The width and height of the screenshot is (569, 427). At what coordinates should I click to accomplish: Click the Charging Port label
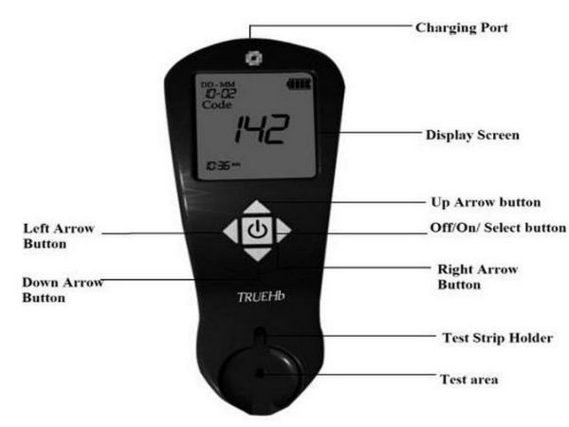(463, 28)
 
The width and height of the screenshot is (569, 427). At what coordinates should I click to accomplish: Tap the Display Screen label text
(471, 135)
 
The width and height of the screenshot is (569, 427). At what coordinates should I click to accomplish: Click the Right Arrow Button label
(478, 276)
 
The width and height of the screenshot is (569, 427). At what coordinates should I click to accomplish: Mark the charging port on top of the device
(252, 57)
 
